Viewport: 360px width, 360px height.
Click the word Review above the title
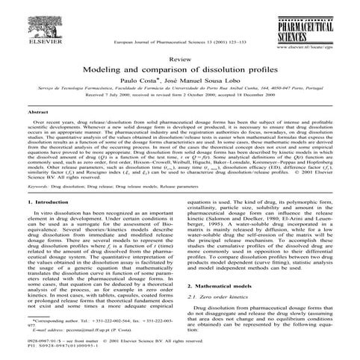(x=180, y=58)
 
